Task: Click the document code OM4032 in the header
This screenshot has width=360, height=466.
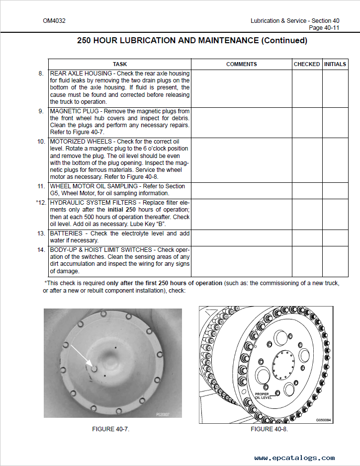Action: (x=54, y=21)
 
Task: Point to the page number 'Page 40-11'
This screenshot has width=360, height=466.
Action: (x=324, y=28)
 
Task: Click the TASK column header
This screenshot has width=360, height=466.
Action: (x=120, y=64)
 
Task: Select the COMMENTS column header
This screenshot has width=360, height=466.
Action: (x=241, y=64)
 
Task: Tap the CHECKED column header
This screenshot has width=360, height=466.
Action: (x=307, y=64)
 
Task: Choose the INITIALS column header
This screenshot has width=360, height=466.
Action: (x=335, y=64)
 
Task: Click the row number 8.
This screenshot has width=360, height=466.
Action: (x=41, y=74)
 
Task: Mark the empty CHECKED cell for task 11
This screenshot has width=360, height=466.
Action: (x=307, y=190)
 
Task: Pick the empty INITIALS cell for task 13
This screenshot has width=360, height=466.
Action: (x=335, y=237)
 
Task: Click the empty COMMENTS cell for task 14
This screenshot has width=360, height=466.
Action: (x=241, y=261)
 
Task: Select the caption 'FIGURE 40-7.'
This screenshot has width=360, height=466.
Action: (x=111, y=429)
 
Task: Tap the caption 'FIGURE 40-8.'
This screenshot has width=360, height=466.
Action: (x=269, y=429)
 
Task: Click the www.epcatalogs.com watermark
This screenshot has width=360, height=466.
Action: (x=294, y=458)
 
